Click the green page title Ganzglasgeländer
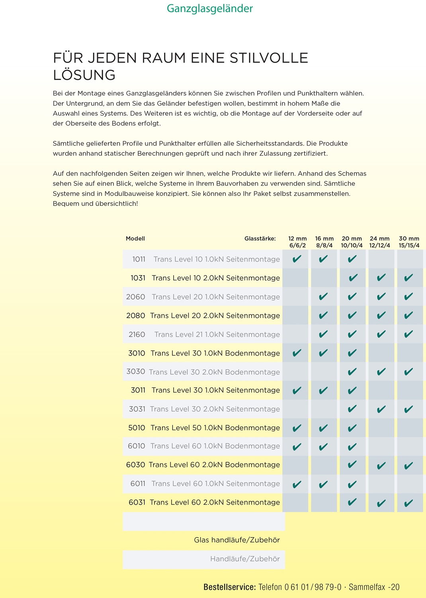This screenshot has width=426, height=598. (x=210, y=8)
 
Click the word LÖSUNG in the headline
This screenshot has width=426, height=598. (x=84, y=75)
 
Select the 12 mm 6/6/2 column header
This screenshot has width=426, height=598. (x=297, y=242)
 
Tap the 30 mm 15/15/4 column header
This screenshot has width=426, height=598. (x=409, y=242)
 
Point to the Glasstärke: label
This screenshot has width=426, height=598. (x=260, y=239)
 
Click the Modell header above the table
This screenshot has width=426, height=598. (x=135, y=239)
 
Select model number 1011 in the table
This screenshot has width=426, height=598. (x=139, y=260)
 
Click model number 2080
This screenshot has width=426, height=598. (x=135, y=316)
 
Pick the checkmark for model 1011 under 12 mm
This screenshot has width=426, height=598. (x=297, y=259)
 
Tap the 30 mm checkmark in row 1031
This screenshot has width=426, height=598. (x=408, y=278)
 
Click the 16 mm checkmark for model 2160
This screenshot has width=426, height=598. (x=323, y=334)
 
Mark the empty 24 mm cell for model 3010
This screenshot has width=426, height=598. (x=381, y=353)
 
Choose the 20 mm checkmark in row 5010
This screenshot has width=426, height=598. (x=352, y=428)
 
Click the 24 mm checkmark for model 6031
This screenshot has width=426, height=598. (x=381, y=503)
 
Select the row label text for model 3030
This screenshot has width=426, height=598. (x=214, y=372)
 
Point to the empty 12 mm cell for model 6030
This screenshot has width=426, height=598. (x=295, y=465)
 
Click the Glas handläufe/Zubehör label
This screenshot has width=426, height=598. (x=237, y=540)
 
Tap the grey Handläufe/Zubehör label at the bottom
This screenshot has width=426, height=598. (x=245, y=559)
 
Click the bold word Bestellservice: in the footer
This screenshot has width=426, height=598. (x=229, y=587)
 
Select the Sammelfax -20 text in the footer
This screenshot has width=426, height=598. (x=374, y=587)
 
